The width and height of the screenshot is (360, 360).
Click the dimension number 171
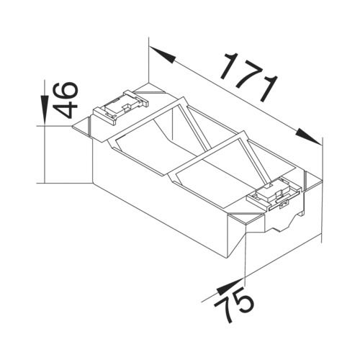click(250, 77)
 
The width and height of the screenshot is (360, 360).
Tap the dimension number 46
click(65, 100)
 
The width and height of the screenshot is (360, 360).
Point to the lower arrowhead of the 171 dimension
click(309, 137)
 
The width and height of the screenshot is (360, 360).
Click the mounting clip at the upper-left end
click(121, 107)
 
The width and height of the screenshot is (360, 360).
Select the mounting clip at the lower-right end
click(274, 194)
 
